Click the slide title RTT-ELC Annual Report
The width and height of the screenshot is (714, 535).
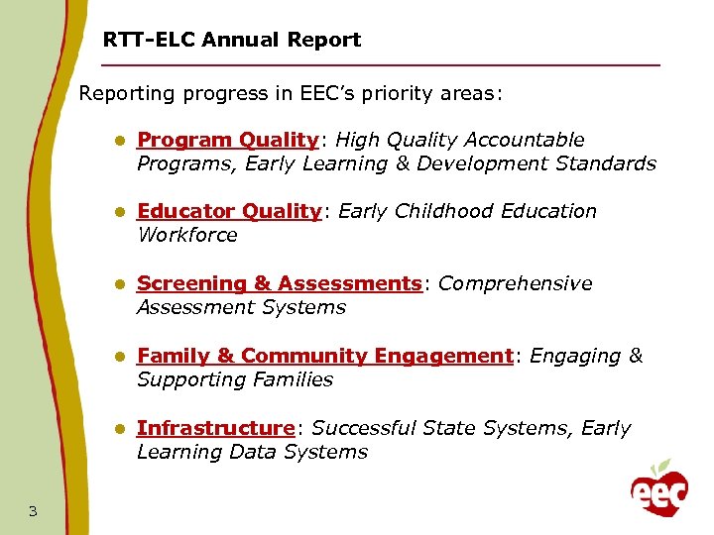click(232, 41)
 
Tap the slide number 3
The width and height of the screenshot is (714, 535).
click(33, 511)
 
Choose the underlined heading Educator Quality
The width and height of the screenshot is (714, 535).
click(229, 211)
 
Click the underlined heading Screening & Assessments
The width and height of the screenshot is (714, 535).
click(279, 283)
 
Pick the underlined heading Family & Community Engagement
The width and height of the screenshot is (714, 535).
click(324, 356)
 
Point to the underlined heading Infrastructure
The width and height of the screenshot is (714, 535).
click(215, 428)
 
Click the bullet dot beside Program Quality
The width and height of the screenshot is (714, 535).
click(118, 141)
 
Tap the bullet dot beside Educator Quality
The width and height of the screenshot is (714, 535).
click(118, 212)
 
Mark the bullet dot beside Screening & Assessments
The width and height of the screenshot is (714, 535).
click(118, 284)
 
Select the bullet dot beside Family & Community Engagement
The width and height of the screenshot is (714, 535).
click(118, 357)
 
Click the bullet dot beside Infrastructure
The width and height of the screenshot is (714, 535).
click(118, 429)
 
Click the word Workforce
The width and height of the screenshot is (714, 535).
click(187, 235)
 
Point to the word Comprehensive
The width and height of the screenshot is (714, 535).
click(515, 283)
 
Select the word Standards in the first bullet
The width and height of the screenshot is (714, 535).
click(605, 163)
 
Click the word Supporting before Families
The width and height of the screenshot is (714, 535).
click(184, 379)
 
